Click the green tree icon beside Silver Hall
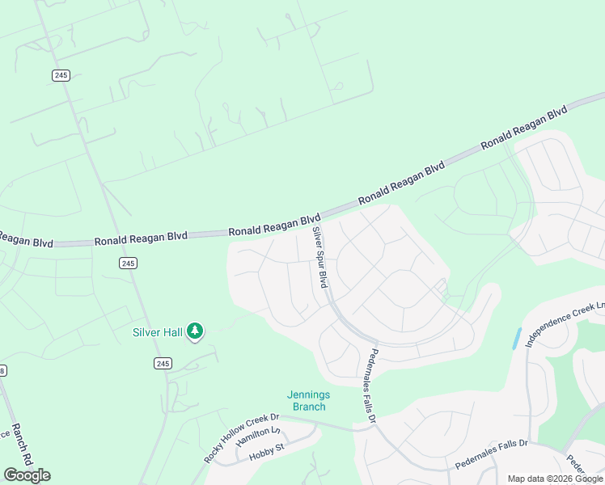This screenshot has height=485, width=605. [194, 331]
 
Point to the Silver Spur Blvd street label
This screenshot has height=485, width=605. [320, 257]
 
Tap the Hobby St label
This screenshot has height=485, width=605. [269, 452]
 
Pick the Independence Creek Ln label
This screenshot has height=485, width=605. [565, 325]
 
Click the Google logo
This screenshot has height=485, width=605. [27, 475]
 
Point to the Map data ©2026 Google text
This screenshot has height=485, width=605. [556, 479]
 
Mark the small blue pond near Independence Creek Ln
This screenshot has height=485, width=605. [516, 339]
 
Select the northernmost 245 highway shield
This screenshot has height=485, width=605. [61, 75]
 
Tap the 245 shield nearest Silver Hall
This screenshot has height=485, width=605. [163, 364]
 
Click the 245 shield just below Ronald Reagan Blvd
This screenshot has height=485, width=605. [127, 263]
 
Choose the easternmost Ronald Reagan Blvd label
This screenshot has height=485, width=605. [524, 127]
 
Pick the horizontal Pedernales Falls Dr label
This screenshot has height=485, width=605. [491, 454]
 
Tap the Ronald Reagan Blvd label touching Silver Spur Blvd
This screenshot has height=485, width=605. [275, 226]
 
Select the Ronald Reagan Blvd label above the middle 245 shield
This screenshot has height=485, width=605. [141, 239]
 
